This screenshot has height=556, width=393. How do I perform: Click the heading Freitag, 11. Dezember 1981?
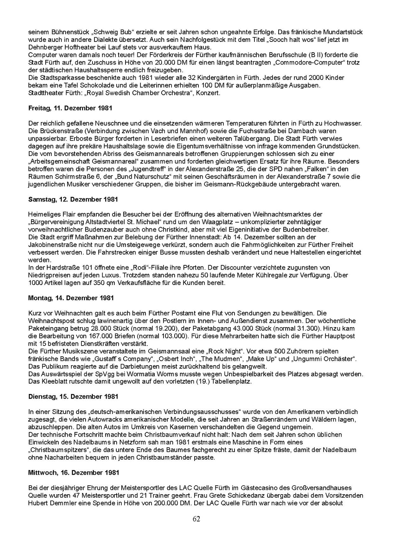[x=70, y=108]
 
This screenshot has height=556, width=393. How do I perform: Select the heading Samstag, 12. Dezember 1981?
[x=73, y=200]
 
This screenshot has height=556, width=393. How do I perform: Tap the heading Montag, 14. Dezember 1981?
[x=71, y=298]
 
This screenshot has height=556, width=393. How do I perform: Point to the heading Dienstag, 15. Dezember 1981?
[x=73, y=397]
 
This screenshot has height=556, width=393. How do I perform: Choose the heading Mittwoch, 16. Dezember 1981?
[x=74, y=472]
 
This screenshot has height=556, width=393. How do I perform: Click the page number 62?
[x=196, y=519]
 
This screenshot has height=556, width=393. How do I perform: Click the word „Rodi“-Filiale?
[x=151, y=268]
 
